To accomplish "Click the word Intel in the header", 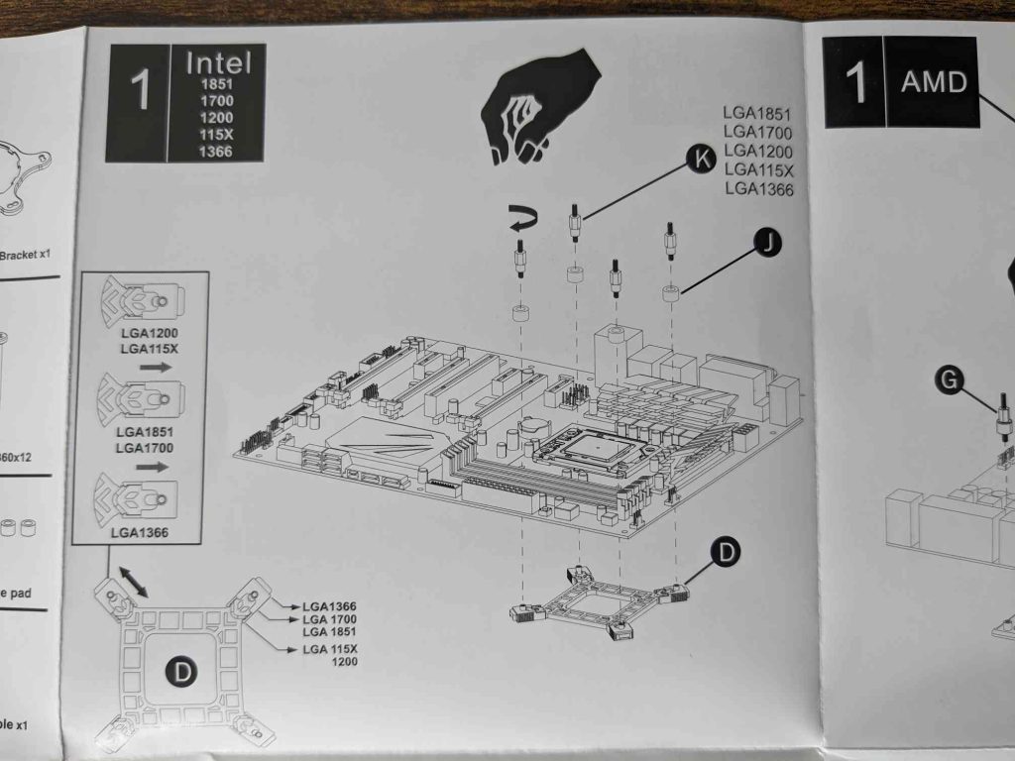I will [x=218, y=64].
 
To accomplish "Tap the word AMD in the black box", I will [x=933, y=81].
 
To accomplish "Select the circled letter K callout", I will [x=702, y=160].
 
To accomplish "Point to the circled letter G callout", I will [x=950, y=379].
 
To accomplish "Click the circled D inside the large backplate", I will [x=181, y=673].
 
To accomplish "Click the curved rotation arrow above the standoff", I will [x=518, y=222].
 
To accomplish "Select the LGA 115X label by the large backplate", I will [x=330, y=649].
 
